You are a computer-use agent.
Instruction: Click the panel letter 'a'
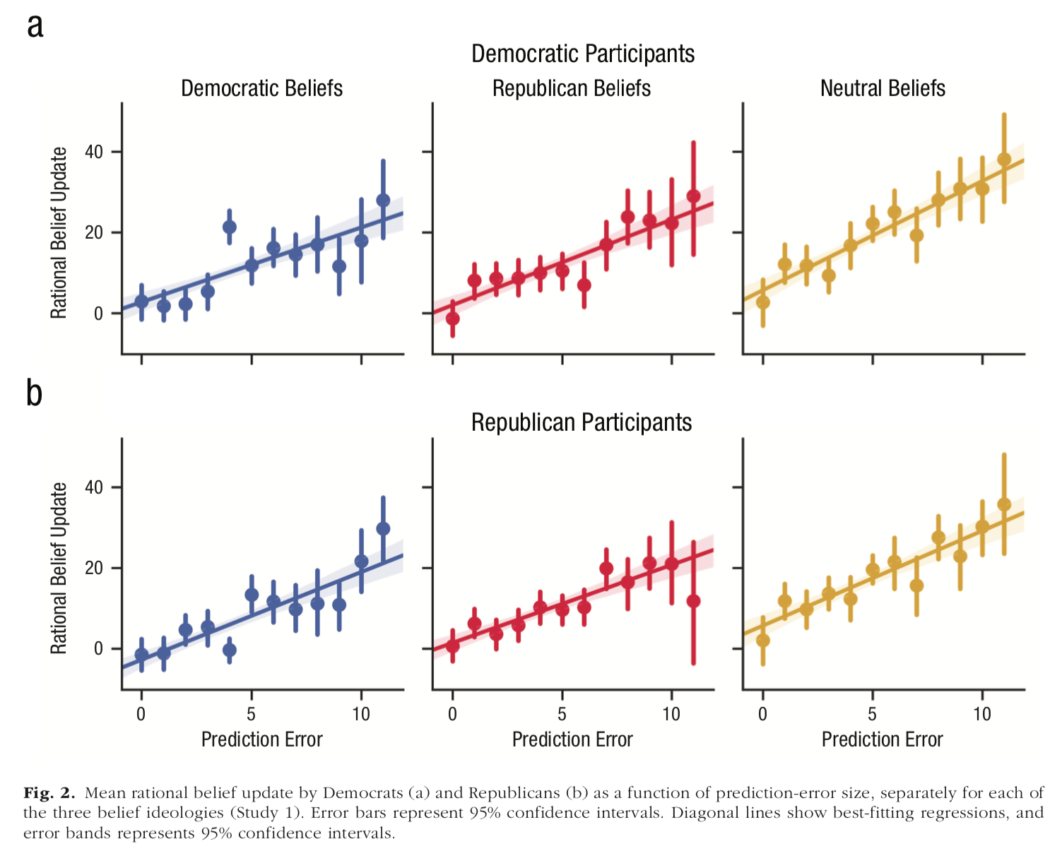coord(35,28)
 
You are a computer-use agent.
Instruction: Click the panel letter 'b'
coord(34,393)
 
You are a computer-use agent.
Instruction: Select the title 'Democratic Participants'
coord(583,54)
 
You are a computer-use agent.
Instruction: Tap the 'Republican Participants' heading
coord(582,422)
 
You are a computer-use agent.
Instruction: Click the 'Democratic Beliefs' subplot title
coord(261,88)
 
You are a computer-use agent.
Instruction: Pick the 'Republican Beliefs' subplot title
coord(572,88)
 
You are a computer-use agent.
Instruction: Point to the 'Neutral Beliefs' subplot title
coord(883,88)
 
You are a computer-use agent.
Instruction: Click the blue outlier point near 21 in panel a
coord(230,227)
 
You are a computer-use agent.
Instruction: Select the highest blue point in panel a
coord(383,200)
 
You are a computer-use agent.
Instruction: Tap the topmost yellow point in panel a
coord(1004,160)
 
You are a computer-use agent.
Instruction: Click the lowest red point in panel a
coord(453,319)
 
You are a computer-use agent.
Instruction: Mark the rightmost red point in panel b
coord(693,601)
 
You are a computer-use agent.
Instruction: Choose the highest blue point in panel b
coord(383,528)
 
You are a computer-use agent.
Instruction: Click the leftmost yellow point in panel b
coord(763,640)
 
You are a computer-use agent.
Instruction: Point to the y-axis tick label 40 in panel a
coord(94,152)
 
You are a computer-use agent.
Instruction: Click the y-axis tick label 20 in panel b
coord(94,568)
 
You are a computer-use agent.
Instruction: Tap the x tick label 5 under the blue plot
coord(251,714)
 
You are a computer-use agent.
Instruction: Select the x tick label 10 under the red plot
coord(671,714)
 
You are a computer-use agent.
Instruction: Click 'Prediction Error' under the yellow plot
coord(882,739)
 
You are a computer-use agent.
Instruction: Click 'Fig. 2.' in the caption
coord(49,792)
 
